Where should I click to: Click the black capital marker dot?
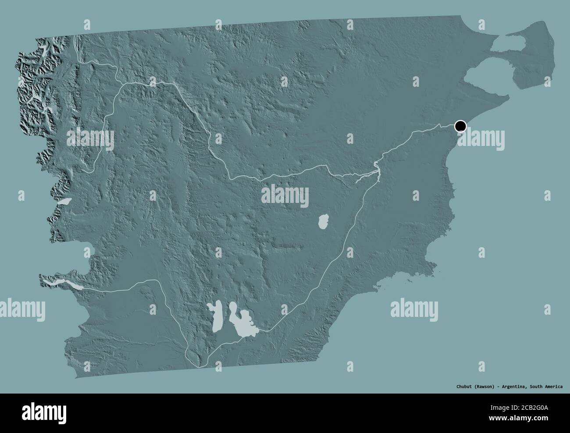tap(460, 127)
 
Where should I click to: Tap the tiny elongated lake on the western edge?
tap(64, 202)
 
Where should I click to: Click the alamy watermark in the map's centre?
tap(285, 195)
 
